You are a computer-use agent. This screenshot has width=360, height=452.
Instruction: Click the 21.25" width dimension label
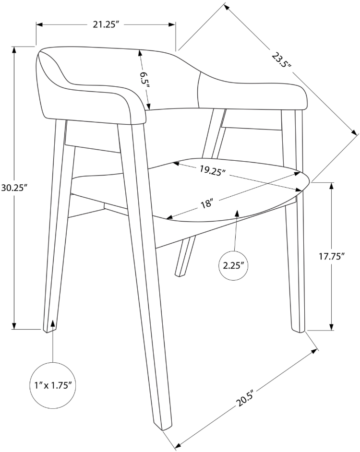pyautogui.click(x=106, y=25)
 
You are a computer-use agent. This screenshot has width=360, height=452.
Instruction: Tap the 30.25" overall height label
pyautogui.click(x=14, y=188)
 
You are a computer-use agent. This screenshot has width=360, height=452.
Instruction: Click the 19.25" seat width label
pyautogui.click(x=213, y=171)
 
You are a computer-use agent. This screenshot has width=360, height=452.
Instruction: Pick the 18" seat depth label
pyautogui.click(x=206, y=204)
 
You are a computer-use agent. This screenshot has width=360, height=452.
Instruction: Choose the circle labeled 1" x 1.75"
pyautogui.click(x=53, y=385)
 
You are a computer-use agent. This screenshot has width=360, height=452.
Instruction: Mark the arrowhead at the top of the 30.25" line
pyautogui.click(x=13, y=50)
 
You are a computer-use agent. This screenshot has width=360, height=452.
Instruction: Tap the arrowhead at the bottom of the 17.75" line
pyautogui.click(x=332, y=326)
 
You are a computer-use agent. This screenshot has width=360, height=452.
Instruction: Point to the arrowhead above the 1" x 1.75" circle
pyautogui.click(x=53, y=324)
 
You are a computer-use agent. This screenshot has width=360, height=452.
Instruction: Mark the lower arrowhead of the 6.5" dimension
pyautogui.click(x=148, y=106)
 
